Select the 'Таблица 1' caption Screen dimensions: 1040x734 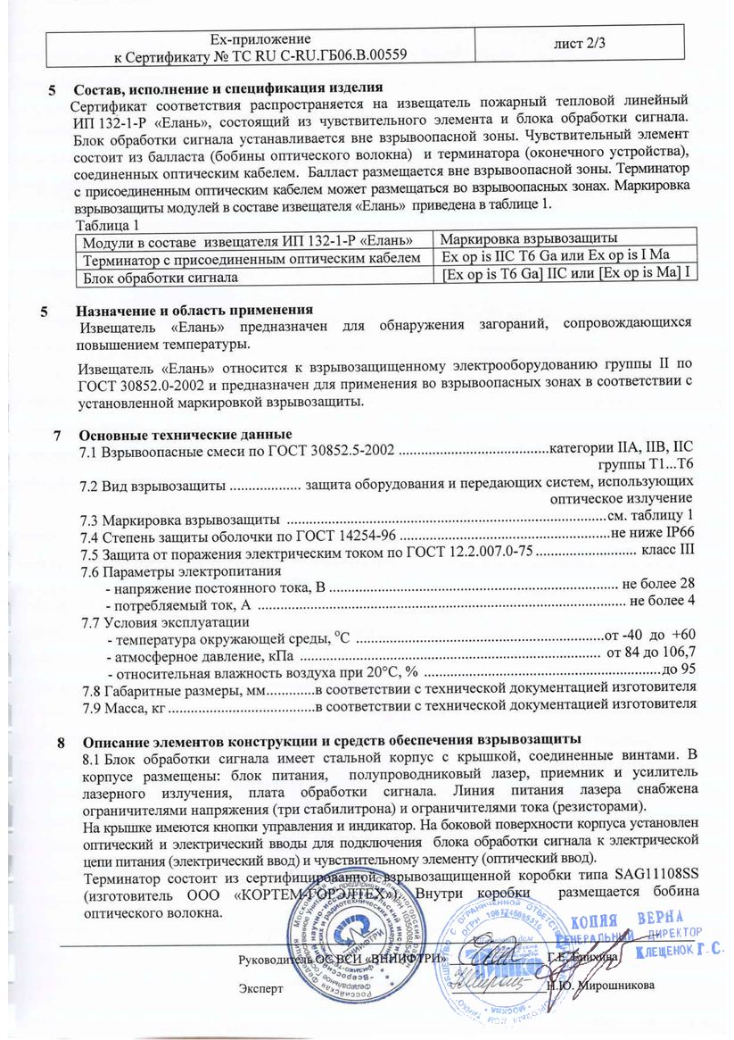pyautogui.click(x=108, y=224)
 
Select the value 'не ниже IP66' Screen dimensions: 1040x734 pyautogui.click(x=652, y=535)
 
